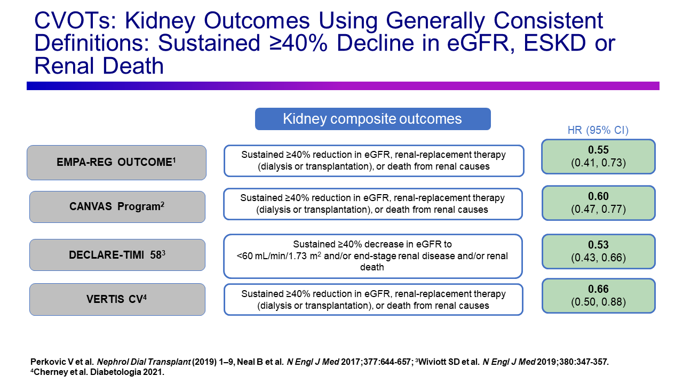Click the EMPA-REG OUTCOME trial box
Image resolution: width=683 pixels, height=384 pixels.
point(116,162)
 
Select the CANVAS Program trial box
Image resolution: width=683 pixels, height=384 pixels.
point(117,206)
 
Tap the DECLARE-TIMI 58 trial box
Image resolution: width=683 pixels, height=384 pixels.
point(117,255)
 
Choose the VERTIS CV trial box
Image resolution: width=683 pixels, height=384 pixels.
point(117,299)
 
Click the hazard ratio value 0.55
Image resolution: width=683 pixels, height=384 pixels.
point(598,150)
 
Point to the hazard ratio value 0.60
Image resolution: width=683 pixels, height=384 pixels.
point(598,196)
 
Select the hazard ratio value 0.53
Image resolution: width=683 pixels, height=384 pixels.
point(598,245)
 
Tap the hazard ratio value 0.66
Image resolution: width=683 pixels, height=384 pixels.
point(598,289)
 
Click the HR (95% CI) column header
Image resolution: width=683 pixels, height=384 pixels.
point(598,130)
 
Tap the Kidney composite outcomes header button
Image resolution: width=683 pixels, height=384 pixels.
point(372,119)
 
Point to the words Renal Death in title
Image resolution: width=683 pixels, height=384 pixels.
point(99,66)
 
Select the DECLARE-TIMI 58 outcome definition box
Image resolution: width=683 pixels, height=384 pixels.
point(372,256)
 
